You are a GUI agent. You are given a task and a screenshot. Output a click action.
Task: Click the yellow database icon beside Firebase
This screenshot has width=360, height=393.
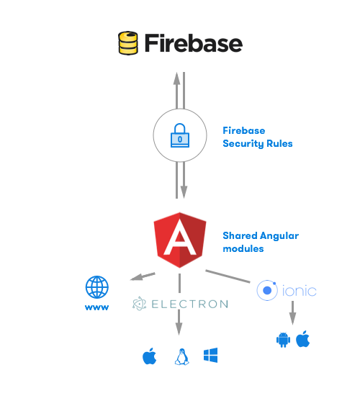[128, 43]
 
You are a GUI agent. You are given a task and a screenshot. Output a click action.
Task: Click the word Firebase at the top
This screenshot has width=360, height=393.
[193, 43]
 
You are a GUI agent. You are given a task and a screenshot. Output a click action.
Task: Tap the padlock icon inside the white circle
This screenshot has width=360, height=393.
[179, 136]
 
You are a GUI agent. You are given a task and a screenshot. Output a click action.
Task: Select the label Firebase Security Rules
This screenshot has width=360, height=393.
[257, 137]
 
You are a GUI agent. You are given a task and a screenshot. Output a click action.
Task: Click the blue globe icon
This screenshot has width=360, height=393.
[97, 287]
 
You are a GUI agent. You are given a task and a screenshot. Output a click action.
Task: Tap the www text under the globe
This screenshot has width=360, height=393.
[97, 307]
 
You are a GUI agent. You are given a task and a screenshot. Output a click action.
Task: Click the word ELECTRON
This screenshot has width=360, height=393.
[189, 304]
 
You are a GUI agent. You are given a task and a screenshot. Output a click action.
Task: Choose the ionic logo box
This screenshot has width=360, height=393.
[286, 290]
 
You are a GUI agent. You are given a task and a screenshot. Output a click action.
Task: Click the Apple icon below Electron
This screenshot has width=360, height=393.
[150, 356]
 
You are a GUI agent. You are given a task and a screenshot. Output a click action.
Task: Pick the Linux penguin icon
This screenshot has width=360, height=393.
[181, 356]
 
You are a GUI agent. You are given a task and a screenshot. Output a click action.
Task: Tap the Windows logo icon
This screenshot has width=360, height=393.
[210, 355]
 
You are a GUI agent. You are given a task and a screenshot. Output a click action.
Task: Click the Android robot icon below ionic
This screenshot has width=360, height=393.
[283, 339]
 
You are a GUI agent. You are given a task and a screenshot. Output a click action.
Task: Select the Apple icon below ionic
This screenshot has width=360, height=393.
[302, 339]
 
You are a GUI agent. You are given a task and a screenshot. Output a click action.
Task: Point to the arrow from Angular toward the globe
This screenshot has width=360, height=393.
[142, 276]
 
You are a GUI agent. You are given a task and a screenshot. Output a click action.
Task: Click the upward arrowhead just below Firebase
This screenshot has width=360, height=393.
[175, 77]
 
